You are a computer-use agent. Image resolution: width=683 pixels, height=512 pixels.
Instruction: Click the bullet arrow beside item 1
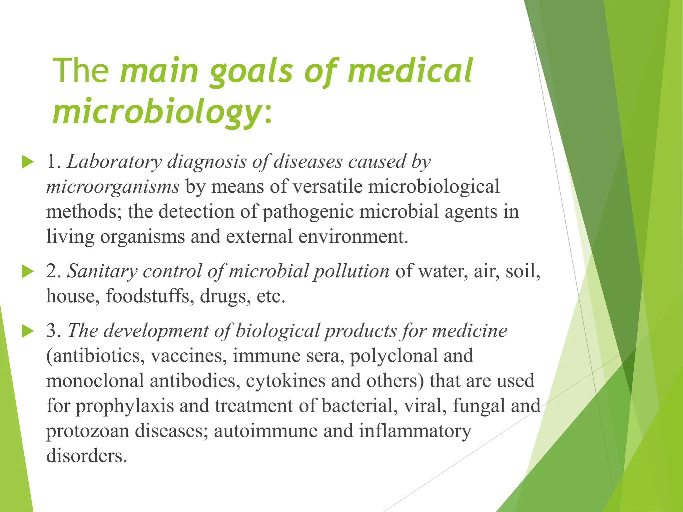click(28, 162)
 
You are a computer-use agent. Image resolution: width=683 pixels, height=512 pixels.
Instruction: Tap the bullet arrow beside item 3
click(28, 331)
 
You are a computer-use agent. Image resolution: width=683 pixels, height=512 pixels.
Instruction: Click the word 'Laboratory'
click(114, 162)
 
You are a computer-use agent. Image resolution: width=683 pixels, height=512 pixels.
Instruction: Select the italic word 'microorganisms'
click(113, 187)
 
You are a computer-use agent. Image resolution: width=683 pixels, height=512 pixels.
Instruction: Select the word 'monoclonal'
click(95, 381)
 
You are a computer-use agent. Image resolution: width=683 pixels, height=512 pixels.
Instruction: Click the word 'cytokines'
click(285, 381)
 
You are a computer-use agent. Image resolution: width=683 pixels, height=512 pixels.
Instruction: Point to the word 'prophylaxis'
click(125, 406)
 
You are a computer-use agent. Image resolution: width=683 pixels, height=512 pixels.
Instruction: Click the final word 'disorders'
click(87, 456)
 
